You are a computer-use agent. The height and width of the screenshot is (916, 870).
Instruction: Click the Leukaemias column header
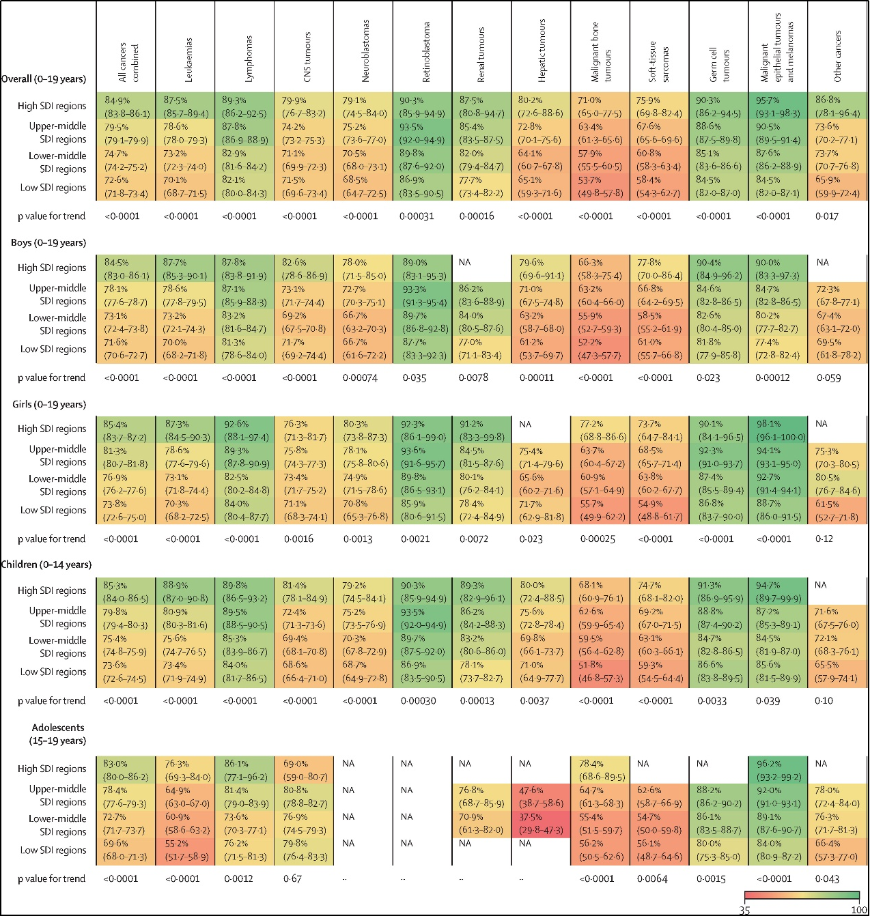click(x=189, y=60)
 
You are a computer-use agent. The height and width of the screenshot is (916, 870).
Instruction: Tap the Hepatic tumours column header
click(x=542, y=51)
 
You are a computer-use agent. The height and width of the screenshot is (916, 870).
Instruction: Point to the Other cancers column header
click(x=838, y=57)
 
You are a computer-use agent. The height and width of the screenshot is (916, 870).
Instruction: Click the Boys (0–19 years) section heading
click(x=48, y=242)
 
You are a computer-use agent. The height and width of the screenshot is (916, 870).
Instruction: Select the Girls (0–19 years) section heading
click(x=49, y=404)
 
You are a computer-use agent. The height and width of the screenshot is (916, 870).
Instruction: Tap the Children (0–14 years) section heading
click(x=46, y=564)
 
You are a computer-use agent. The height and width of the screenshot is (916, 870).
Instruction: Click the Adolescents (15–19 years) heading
click(x=57, y=734)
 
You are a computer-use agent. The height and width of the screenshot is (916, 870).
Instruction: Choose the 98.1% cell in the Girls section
click(x=778, y=430)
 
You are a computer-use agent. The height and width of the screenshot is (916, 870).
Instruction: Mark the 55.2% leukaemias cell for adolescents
click(x=185, y=850)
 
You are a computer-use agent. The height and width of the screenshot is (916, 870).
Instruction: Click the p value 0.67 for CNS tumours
click(x=293, y=878)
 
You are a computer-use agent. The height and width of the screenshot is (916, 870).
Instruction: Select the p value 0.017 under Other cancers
click(x=827, y=216)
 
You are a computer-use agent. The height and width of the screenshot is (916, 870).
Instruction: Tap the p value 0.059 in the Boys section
click(x=828, y=377)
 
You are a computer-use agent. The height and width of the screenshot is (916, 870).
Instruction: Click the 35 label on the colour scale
click(x=744, y=910)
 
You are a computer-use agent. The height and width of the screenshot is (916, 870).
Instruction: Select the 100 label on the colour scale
click(x=858, y=910)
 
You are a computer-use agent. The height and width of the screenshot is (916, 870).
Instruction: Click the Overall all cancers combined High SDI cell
click(x=126, y=106)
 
